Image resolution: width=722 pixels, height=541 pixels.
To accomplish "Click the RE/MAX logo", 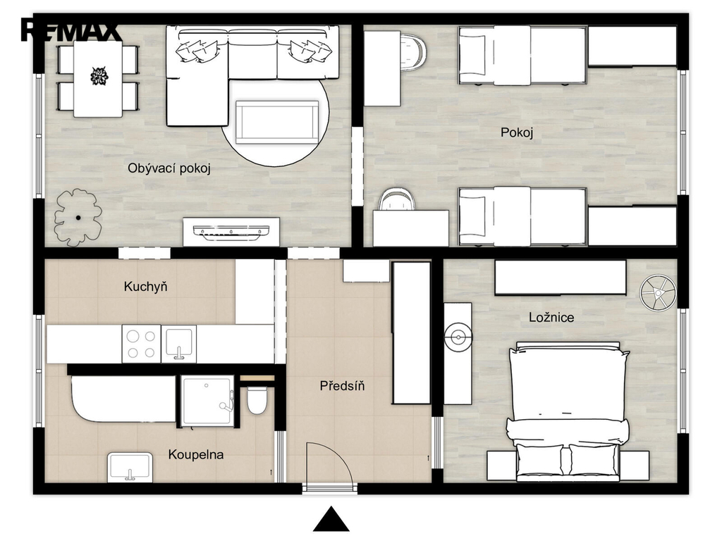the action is point(70,31).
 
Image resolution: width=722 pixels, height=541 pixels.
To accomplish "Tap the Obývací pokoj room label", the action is point(169,168).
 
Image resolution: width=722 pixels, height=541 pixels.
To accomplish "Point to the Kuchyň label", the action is point(145,287).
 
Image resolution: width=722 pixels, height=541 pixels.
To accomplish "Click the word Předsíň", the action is point(342,385).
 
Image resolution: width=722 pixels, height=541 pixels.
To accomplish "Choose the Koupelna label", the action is point(196,455).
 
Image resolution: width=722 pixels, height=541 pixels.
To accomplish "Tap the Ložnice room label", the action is point(551,318).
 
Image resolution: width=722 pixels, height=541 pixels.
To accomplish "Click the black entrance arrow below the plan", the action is point(331,519).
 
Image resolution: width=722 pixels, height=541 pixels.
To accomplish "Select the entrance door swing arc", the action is point(341,453).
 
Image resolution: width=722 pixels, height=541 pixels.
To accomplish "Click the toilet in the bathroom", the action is point(257,399).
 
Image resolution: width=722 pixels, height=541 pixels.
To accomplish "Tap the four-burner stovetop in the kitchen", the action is point(141,344).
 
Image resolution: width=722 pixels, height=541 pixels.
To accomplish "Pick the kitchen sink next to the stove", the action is point(178,344).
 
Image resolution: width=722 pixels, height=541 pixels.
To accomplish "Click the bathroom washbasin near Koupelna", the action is point(130,468).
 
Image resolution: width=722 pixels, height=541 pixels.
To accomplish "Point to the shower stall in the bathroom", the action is point(208,400).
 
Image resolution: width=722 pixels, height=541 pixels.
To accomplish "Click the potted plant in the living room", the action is point(78,217).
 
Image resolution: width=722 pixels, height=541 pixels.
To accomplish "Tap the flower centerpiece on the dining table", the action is point(99,76).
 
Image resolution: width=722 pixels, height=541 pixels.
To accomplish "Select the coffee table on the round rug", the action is point(277,123).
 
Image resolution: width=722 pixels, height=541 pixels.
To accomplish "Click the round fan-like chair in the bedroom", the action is point(658,292).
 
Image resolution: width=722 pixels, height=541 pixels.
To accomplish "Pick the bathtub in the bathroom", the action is point(123,399).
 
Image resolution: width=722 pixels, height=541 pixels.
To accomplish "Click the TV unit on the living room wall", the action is point(231,232).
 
